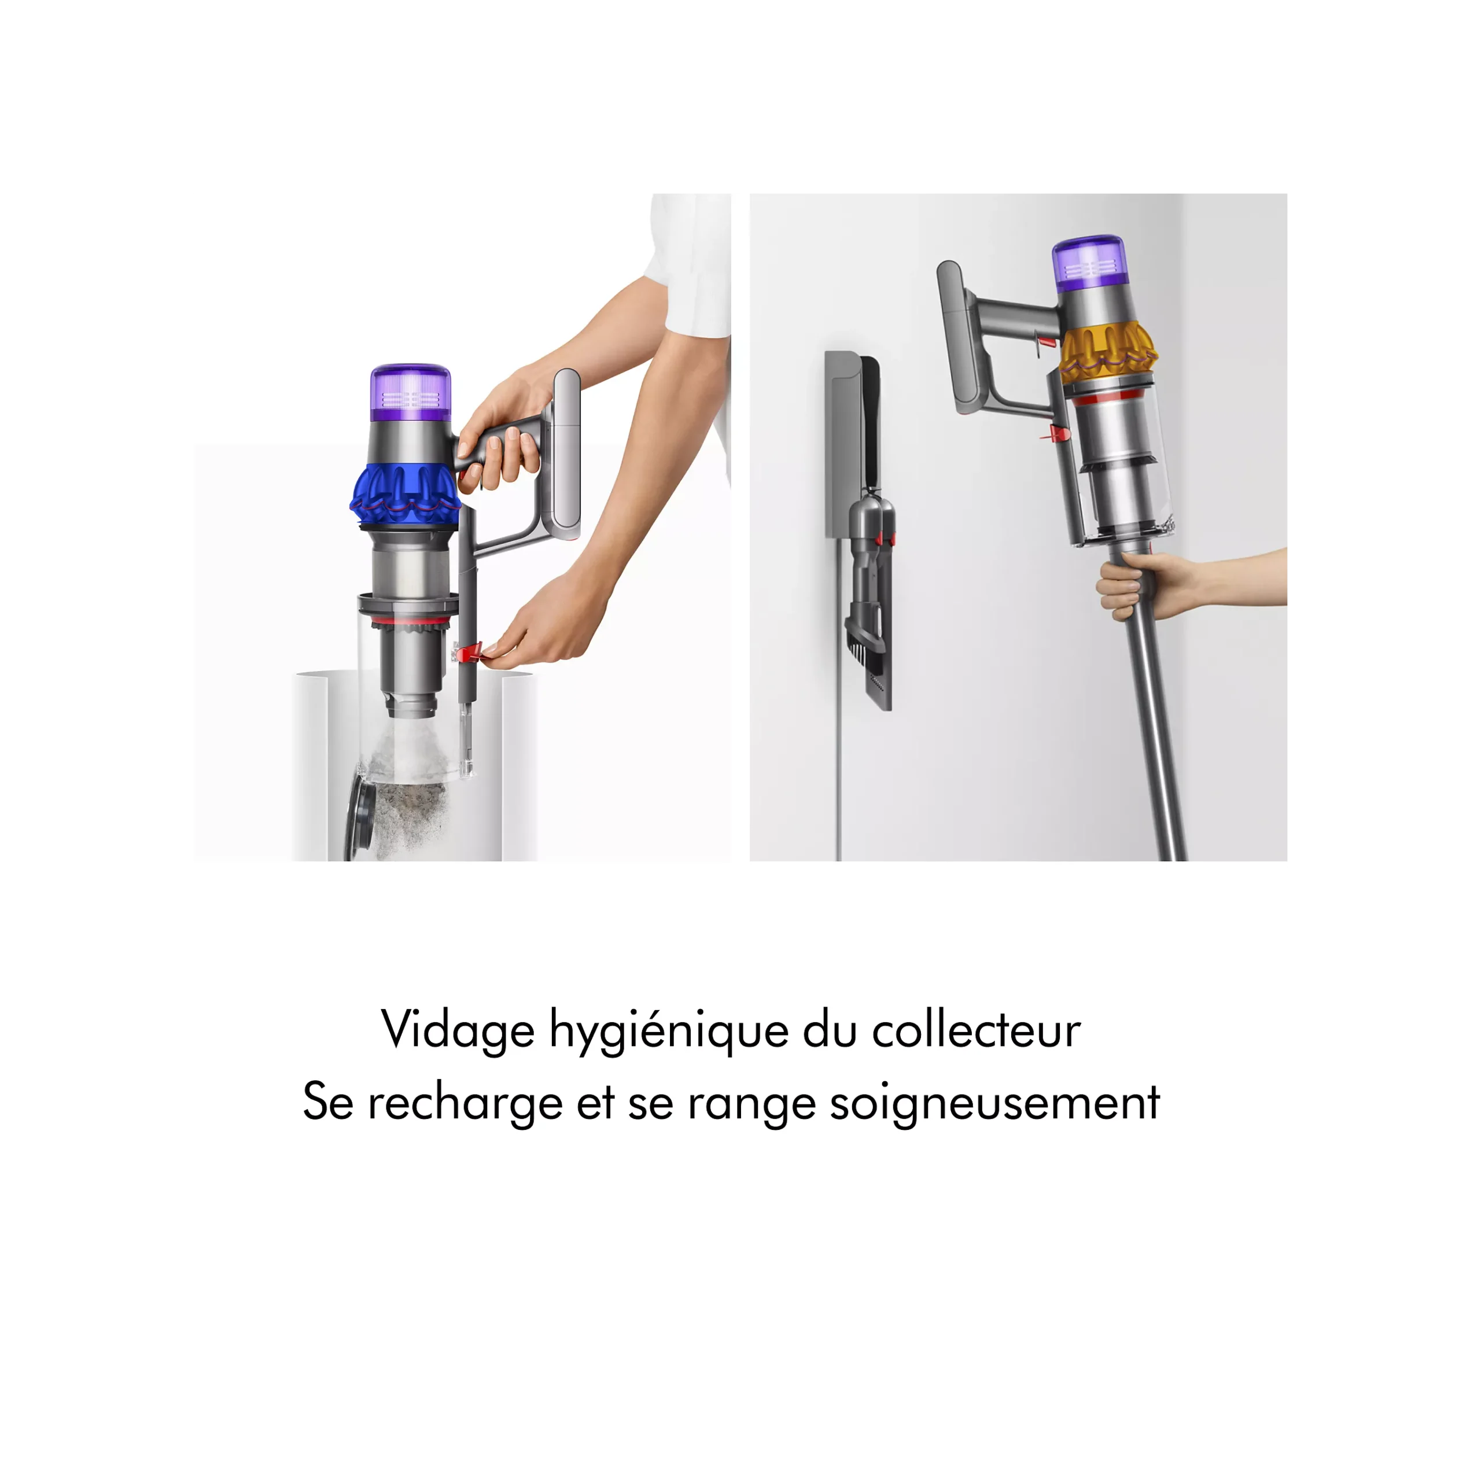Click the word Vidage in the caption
(458, 1030)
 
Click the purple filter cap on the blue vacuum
(410, 392)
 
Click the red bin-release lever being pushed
(467, 653)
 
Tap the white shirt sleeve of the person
(688, 264)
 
